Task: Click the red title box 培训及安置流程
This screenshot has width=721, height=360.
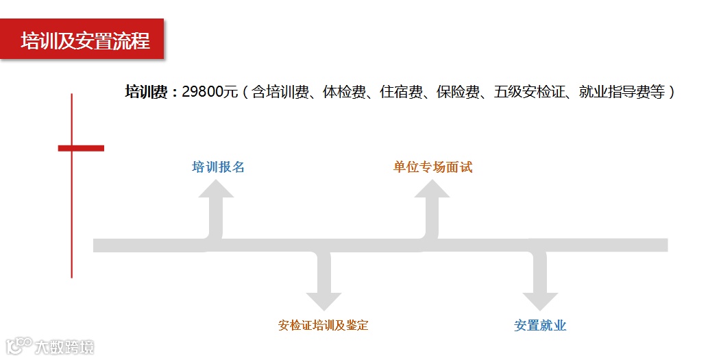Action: pos(83,40)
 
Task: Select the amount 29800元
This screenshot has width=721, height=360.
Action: pos(210,92)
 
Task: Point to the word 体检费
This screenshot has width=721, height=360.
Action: pos(337,92)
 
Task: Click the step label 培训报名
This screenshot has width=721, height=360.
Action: pos(218,167)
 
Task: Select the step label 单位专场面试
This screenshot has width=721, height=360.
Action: pos(432,167)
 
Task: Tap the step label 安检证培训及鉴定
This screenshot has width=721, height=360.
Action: pos(323,325)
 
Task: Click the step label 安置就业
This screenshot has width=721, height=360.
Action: pos(540,325)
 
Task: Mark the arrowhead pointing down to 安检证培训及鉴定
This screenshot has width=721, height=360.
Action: pos(323,301)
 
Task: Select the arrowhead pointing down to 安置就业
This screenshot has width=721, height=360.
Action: pos(540,301)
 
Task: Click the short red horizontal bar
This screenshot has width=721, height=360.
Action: pos(81,147)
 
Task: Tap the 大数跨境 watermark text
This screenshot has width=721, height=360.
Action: pos(65,346)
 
